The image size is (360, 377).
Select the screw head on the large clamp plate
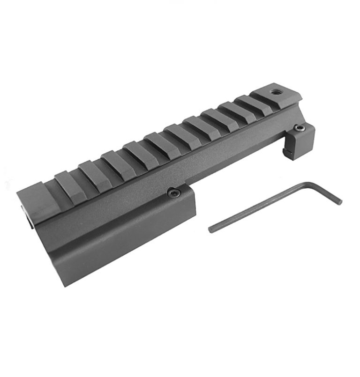click(174, 192)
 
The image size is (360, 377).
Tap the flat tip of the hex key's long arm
click(211, 229)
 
